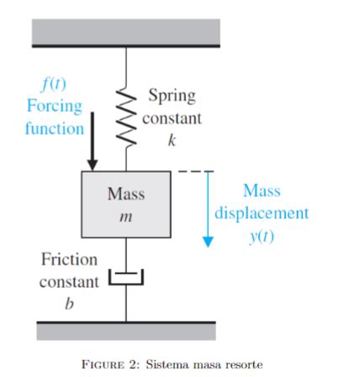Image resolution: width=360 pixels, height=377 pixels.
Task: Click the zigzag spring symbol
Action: pyautogui.click(x=126, y=118)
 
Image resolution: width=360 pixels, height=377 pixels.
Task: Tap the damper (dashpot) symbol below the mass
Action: pyautogui.click(x=126, y=276)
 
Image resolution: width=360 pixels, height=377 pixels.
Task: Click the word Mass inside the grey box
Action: pyautogui.click(x=126, y=193)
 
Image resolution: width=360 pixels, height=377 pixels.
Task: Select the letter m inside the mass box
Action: pyautogui.click(x=126, y=216)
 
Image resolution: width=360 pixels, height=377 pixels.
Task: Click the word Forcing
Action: pyautogui.click(x=55, y=107)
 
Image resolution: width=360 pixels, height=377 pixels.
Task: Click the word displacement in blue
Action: pyautogui.click(x=261, y=213)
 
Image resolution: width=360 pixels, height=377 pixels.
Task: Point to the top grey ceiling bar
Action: pyautogui.click(x=126, y=32)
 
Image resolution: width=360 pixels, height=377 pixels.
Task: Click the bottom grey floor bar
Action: pyautogui.click(x=126, y=331)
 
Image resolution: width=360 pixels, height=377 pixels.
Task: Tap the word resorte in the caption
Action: pyautogui.click(x=243, y=364)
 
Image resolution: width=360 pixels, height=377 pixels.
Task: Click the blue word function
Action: pyautogui.click(x=55, y=129)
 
